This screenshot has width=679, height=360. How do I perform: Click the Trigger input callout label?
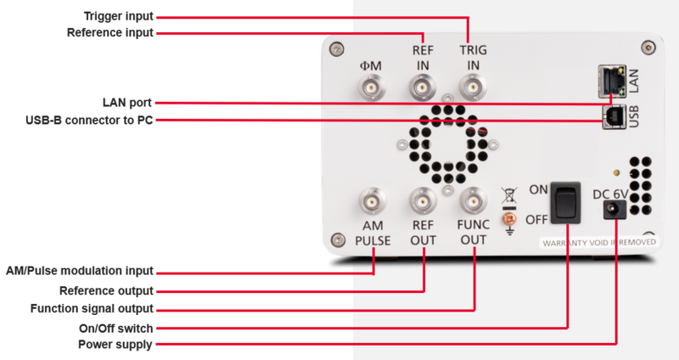coord(120,16)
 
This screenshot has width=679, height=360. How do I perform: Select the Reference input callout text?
coord(110,33)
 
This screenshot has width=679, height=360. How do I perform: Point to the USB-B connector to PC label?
coord(90,120)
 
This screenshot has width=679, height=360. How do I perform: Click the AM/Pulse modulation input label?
coord(80,272)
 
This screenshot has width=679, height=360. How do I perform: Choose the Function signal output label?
coord(92,308)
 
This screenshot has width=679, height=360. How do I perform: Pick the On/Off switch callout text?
coord(115,327)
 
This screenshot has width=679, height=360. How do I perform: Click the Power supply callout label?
coord(115,345)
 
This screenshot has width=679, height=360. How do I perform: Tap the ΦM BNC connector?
coord(372,87)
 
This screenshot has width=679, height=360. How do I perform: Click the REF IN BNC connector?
coord(422,87)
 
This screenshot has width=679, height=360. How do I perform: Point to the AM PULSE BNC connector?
coord(372,202)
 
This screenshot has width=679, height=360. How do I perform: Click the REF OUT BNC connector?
coord(422,202)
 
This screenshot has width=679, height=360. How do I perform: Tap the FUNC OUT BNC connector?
coord(472,202)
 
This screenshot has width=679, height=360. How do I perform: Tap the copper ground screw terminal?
coord(510,218)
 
